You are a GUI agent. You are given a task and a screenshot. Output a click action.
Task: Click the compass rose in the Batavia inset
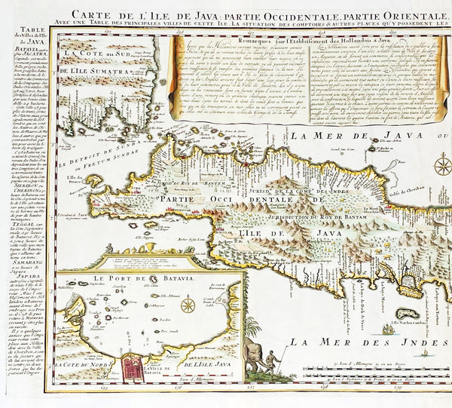[188, 305]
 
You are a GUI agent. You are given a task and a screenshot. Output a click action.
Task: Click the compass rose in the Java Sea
[443, 164]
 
